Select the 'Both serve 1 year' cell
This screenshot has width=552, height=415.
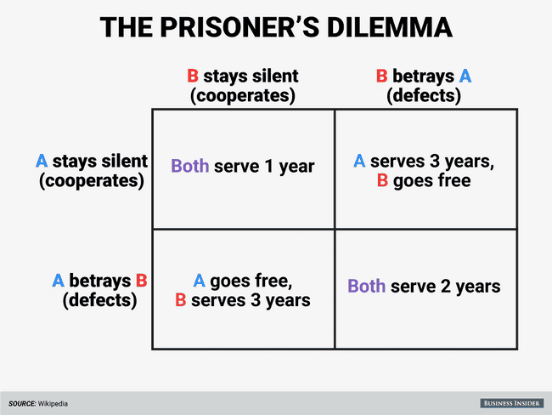243,167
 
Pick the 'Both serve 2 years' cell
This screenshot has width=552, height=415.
424,287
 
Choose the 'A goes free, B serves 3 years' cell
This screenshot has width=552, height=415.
243,289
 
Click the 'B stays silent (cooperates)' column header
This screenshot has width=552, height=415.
243,86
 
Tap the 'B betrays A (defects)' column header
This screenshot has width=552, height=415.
424,86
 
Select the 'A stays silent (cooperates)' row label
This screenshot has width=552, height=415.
92,170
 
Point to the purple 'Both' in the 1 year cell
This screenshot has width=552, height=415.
189,167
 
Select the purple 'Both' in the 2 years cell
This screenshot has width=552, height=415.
365,287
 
